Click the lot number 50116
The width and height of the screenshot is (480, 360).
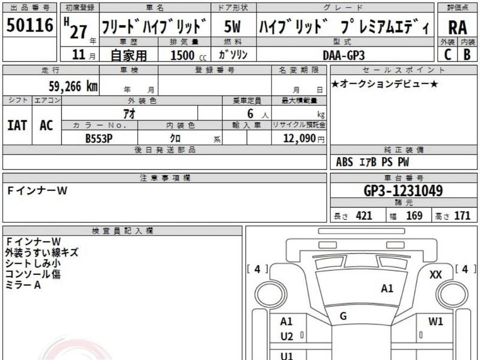30,25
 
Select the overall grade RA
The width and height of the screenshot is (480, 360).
458,28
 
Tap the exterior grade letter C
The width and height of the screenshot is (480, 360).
448,55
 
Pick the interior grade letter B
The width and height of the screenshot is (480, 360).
467,55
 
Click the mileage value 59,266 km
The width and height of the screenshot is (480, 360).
73,86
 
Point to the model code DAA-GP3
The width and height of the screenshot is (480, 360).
344,56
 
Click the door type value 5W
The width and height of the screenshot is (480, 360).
232,26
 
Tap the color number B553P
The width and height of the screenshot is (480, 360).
99,139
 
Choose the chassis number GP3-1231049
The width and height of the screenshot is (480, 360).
403,191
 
